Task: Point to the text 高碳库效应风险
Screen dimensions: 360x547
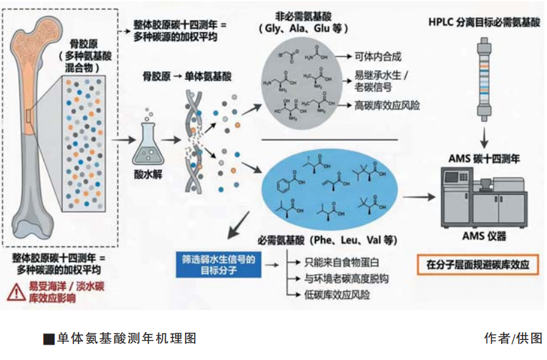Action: pyautogui.click(x=387, y=105)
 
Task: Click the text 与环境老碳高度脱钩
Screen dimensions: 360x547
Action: pyautogui.click(x=346, y=278)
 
